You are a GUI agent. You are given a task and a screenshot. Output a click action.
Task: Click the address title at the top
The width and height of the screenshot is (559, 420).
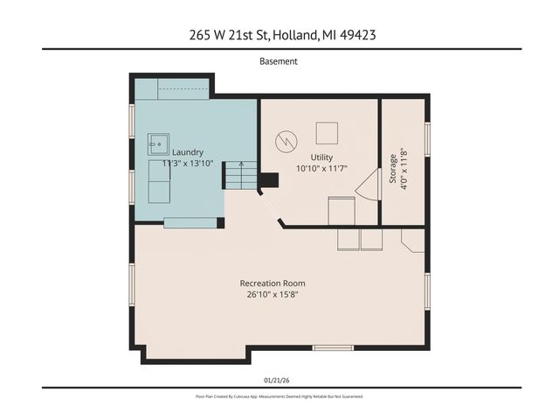pyautogui.click(x=279, y=35)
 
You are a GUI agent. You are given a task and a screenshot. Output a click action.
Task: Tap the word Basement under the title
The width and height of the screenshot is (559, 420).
pyautogui.click(x=279, y=61)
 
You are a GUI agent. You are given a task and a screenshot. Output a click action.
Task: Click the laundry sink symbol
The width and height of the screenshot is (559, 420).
pyautogui.click(x=158, y=141)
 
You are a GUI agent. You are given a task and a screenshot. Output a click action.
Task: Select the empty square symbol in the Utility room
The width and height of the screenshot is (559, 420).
pyautogui.click(x=327, y=133)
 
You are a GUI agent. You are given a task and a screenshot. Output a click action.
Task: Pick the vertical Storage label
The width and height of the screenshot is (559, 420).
pyautogui.click(x=392, y=164)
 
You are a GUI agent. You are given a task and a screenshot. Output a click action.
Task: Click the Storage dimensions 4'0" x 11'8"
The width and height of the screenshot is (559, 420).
pyautogui.click(x=403, y=175)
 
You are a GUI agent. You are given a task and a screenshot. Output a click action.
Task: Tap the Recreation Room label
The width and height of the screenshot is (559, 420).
pyautogui.click(x=273, y=283)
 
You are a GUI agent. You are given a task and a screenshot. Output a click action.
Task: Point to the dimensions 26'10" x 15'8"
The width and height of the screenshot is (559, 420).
pyautogui.click(x=273, y=295)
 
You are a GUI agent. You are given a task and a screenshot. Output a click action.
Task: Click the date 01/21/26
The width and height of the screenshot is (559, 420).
pyautogui.click(x=279, y=380)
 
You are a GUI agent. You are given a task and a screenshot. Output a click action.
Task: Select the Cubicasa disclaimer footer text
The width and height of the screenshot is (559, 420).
pyautogui.click(x=279, y=396)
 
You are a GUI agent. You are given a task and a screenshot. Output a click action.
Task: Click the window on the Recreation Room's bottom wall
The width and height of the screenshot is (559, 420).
pyautogui.click(x=333, y=348)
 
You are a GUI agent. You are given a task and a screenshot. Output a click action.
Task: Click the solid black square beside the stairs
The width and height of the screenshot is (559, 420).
pyautogui.click(x=270, y=180)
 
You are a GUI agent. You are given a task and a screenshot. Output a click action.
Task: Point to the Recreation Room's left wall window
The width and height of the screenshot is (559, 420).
pyautogui.click(x=132, y=289)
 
